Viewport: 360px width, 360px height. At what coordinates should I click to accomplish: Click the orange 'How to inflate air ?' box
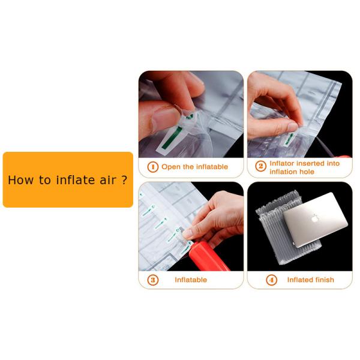coord(68,179)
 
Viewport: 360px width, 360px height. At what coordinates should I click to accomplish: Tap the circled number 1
coord(152,167)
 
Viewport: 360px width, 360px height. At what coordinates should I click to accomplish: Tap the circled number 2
coord(260,167)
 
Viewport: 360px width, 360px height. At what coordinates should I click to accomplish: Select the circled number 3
coord(152,280)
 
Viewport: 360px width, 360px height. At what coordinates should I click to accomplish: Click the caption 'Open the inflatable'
coord(194,167)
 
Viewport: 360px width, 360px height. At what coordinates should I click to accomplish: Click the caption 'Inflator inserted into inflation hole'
coord(304,167)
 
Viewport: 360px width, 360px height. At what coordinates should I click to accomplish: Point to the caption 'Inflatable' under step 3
coord(191,280)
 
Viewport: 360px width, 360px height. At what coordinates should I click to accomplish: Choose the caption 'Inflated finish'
coord(310,280)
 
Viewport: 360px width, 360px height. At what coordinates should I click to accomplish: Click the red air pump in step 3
coord(209,259)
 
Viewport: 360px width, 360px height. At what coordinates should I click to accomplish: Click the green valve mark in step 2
coord(290,138)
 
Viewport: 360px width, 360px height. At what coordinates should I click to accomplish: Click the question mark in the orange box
coord(124,180)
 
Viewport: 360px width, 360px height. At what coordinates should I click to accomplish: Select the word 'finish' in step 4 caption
coord(324,280)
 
